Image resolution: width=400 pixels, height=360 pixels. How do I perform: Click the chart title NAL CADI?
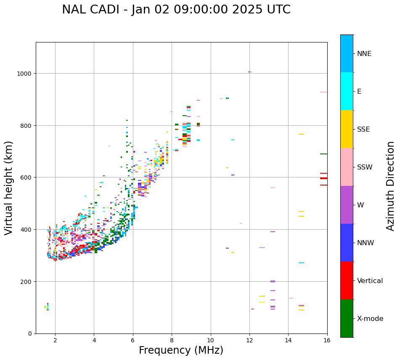(x=176, y=10)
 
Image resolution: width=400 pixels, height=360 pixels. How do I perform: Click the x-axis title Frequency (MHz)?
(x=181, y=350)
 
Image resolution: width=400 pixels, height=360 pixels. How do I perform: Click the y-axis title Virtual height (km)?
(x=9, y=188)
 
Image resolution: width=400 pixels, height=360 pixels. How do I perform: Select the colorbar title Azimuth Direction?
(x=390, y=186)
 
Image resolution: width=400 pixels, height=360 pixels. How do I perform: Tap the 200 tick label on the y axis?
(x=27, y=281)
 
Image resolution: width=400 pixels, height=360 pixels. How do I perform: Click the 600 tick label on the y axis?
(x=27, y=177)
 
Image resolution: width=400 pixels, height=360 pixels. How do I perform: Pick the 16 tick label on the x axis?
(x=327, y=340)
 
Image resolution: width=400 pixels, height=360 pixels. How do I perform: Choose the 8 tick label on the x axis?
(x=172, y=340)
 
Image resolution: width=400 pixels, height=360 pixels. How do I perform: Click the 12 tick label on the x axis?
(x=249, y=340)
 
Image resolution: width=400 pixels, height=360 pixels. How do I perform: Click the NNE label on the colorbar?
(x=364, y=54)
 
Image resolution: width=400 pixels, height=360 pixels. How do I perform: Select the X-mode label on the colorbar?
(x=370, y=319)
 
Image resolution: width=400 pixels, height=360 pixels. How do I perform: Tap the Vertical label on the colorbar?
(x=370, y=281)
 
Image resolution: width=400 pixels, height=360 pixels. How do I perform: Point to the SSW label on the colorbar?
(x=365, y=167)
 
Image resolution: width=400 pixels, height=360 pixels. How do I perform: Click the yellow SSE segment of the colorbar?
(x=347, y=129)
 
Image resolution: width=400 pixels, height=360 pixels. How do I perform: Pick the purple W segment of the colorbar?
(x=347, y=205)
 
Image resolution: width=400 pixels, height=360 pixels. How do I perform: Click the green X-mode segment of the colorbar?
(x=347, y=318)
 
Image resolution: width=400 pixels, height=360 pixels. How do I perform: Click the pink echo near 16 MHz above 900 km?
(x=323, y=92)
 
